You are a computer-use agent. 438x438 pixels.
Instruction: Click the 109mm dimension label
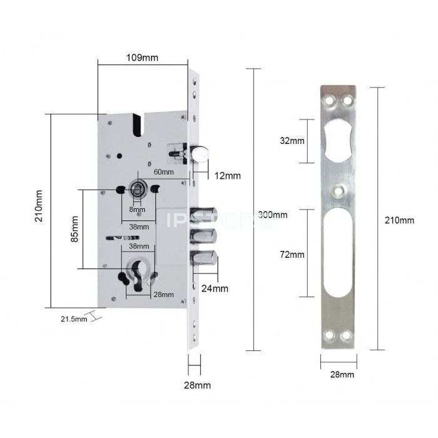pos(142,58)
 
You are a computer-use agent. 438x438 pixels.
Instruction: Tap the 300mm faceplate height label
pos(273,215)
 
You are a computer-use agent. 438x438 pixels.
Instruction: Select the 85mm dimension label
pos(74,229)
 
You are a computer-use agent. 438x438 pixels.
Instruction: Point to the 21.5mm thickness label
pos(74,318)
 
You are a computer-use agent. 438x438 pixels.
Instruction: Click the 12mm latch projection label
pos(227,176)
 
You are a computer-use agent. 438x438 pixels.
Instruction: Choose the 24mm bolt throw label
pos(215,288)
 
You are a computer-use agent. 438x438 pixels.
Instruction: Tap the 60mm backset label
pos(164,172)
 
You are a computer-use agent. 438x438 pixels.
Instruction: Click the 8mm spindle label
pos(137,210)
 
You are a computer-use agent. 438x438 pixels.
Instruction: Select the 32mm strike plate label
pos(292,141)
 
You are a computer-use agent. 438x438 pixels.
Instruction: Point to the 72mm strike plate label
pos(292,255)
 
